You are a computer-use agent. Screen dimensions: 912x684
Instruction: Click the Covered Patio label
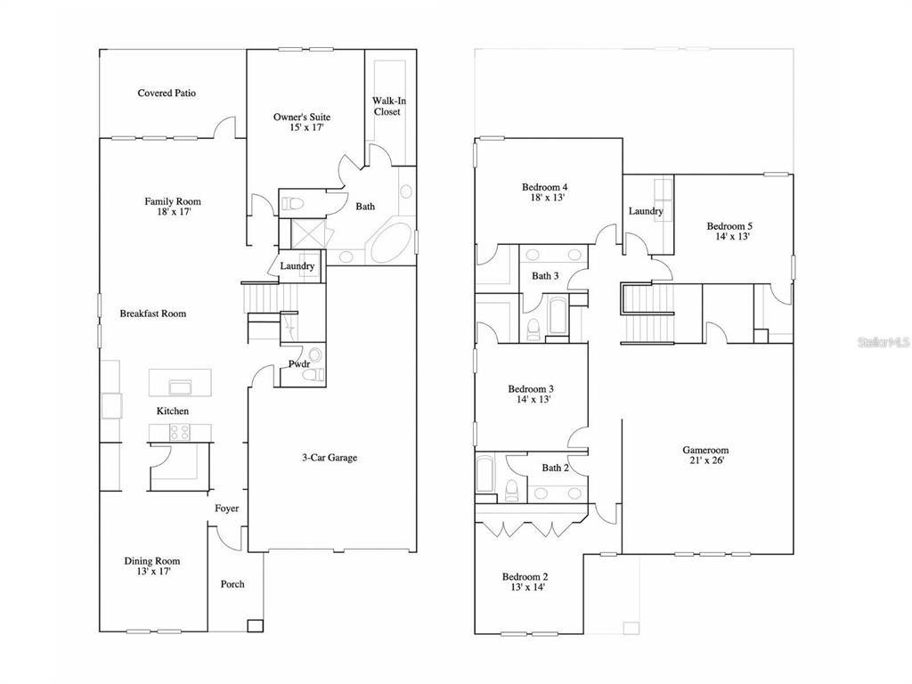[x=167, y=93]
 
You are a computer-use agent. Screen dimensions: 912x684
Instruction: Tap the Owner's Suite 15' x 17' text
[x=302, y=122]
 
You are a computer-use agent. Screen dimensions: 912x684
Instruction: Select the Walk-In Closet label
[x=389, y=107]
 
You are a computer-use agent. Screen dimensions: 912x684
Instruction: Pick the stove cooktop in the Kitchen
[x=179, y=432]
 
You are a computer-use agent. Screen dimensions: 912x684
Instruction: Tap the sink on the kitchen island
[x=180, y=387]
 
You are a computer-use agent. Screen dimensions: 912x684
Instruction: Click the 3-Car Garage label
[x=330, y=458]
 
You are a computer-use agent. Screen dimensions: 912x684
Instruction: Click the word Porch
[x=232, y=584]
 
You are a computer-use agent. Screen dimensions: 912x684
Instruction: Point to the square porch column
[x=255, y=626]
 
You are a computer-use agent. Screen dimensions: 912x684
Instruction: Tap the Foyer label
[x=227, y=509]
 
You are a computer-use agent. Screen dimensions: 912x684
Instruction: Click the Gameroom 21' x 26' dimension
[x=706, y=460]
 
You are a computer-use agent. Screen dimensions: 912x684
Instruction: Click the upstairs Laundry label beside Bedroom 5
[x=646, y=211]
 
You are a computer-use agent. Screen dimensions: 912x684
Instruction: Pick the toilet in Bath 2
[x=512, y=491]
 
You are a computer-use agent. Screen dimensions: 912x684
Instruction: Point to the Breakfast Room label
[x=153, y=313]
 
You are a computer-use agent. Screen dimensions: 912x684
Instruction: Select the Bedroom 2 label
[x=525, y=577]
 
